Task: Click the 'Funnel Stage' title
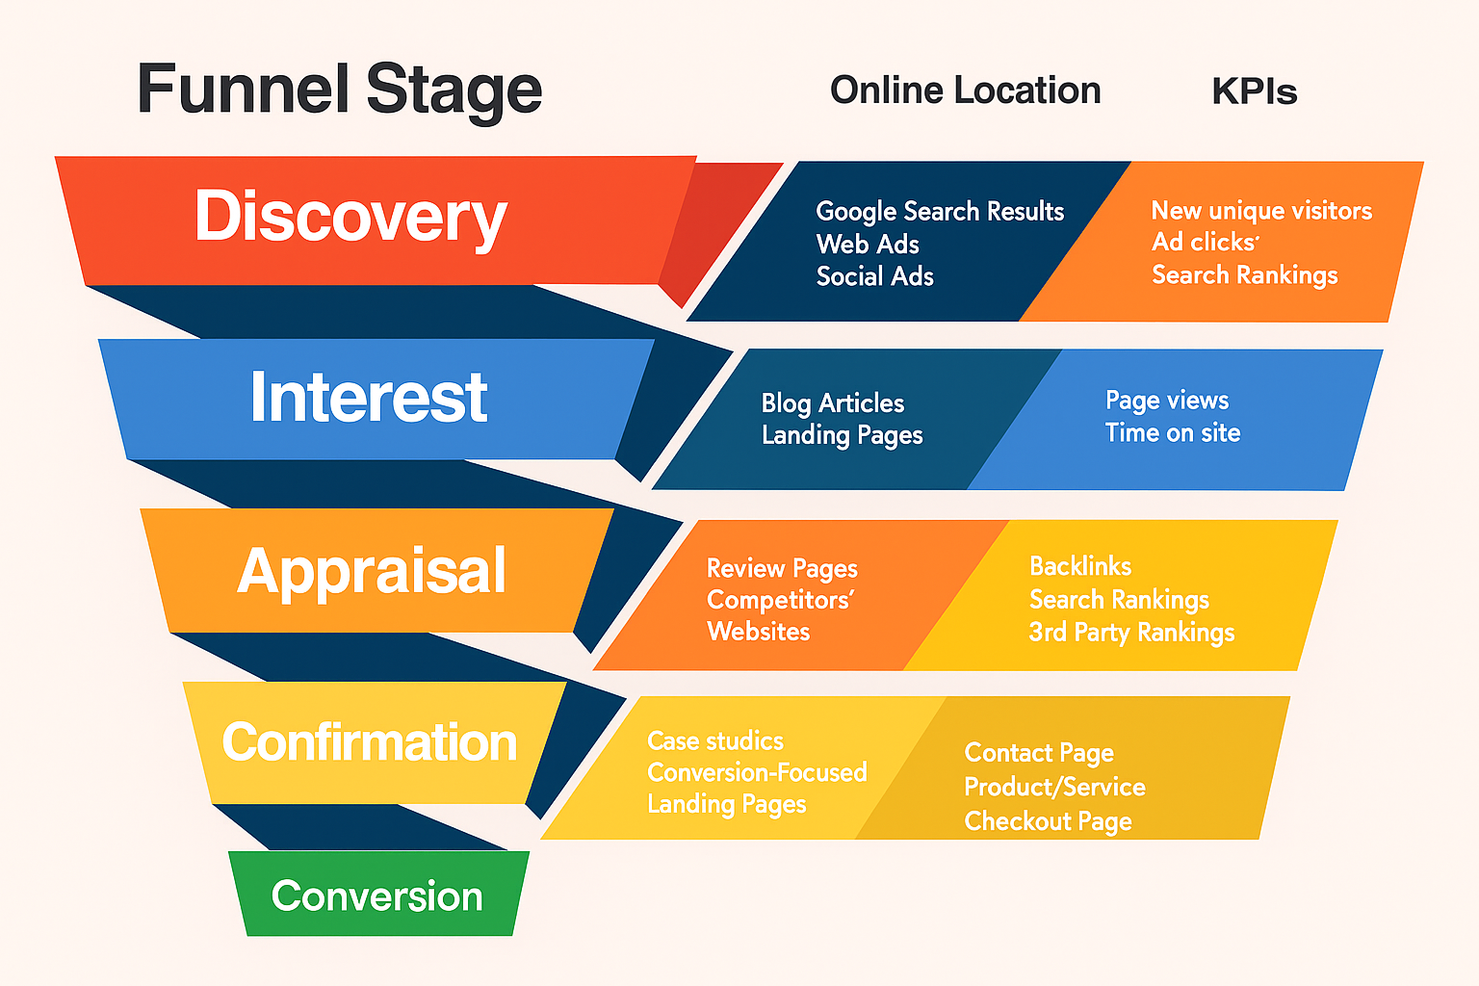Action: point(339,90)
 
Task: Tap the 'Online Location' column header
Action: point(965,91)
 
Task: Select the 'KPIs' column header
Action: point(1254,91)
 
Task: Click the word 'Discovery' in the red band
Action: point(350,217)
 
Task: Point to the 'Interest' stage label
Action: point(369,397)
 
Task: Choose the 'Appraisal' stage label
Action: point(372,571)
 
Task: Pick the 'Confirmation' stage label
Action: point(370,742)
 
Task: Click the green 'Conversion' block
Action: point(377,895)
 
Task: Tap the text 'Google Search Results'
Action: point(940,211)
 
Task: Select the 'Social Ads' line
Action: point(874,276)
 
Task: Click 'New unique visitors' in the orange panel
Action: point(1261,211)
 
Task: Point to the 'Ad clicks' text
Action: point(1205,242)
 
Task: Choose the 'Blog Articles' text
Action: point(833,402)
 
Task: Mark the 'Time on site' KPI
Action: point(1172,433)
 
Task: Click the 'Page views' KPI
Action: point(1167,401)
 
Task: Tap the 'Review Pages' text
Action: point(782,568)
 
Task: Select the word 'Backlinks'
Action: point(1080,566)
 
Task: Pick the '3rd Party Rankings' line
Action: point(1131,633)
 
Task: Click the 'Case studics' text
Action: point(715,740)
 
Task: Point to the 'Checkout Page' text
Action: point(1048,821)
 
